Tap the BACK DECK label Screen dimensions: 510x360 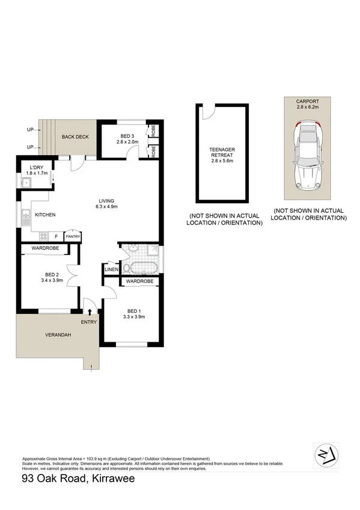click(75, 137)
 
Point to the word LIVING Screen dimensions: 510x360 click(107, 200)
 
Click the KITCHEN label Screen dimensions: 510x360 click(46, 214)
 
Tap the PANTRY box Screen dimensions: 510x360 click(73, 237)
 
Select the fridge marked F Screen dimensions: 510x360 click(56, 236)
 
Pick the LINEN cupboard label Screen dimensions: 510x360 click(112, 269)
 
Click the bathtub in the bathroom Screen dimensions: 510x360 click(142, 268)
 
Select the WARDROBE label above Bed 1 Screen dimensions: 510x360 click(140, 281)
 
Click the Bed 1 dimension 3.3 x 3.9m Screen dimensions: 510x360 click(135, 317)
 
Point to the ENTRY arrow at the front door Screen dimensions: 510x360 click(90, 312)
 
